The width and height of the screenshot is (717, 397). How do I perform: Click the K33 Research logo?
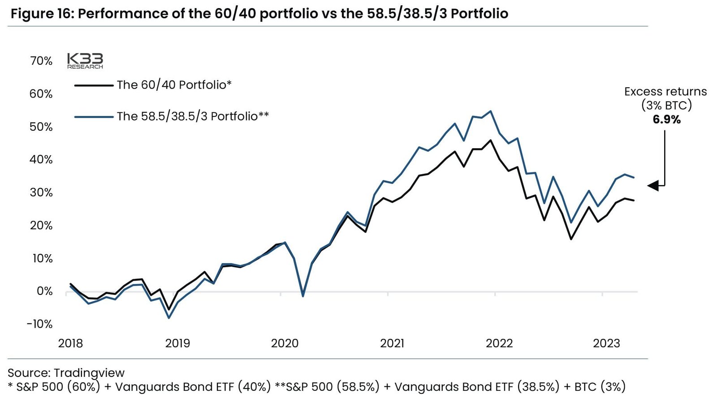tap(85, 61)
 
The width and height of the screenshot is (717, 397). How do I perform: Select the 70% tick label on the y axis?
tap(41, 61)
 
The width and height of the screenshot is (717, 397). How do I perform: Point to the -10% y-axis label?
tap(39, 324)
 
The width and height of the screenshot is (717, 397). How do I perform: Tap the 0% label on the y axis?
tap(44, 291)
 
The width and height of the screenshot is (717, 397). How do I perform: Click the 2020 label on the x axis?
tap(285, 343)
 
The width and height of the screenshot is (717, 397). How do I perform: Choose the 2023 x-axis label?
tap(606, 343)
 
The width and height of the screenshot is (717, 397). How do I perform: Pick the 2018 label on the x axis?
tap(70, 343)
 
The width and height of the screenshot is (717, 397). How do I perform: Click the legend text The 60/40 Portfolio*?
tap(174, 85)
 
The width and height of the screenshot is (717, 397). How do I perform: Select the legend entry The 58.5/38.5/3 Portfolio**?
tap(193, 116)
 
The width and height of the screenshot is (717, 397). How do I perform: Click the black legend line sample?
tap(94, 85)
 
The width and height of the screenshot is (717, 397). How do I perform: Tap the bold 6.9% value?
tap(666, 120)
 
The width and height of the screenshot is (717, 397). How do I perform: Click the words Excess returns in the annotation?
tap(665, 92)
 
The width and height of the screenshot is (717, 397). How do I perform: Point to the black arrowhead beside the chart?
tap(653, 185)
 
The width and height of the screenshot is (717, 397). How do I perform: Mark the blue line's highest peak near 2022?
tap(491, 111)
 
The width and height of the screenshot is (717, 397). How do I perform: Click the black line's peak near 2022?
tap(491, 141)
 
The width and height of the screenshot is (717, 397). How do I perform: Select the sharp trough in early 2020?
tap(303, 296)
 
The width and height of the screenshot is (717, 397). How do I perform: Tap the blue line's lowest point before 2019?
tap(169, 318)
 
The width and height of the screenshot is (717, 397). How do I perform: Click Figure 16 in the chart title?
tap(40, 13)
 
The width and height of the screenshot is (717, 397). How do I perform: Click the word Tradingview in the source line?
tap(89, 373)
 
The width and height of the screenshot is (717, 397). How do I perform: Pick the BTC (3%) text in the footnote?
tap(600, 387)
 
